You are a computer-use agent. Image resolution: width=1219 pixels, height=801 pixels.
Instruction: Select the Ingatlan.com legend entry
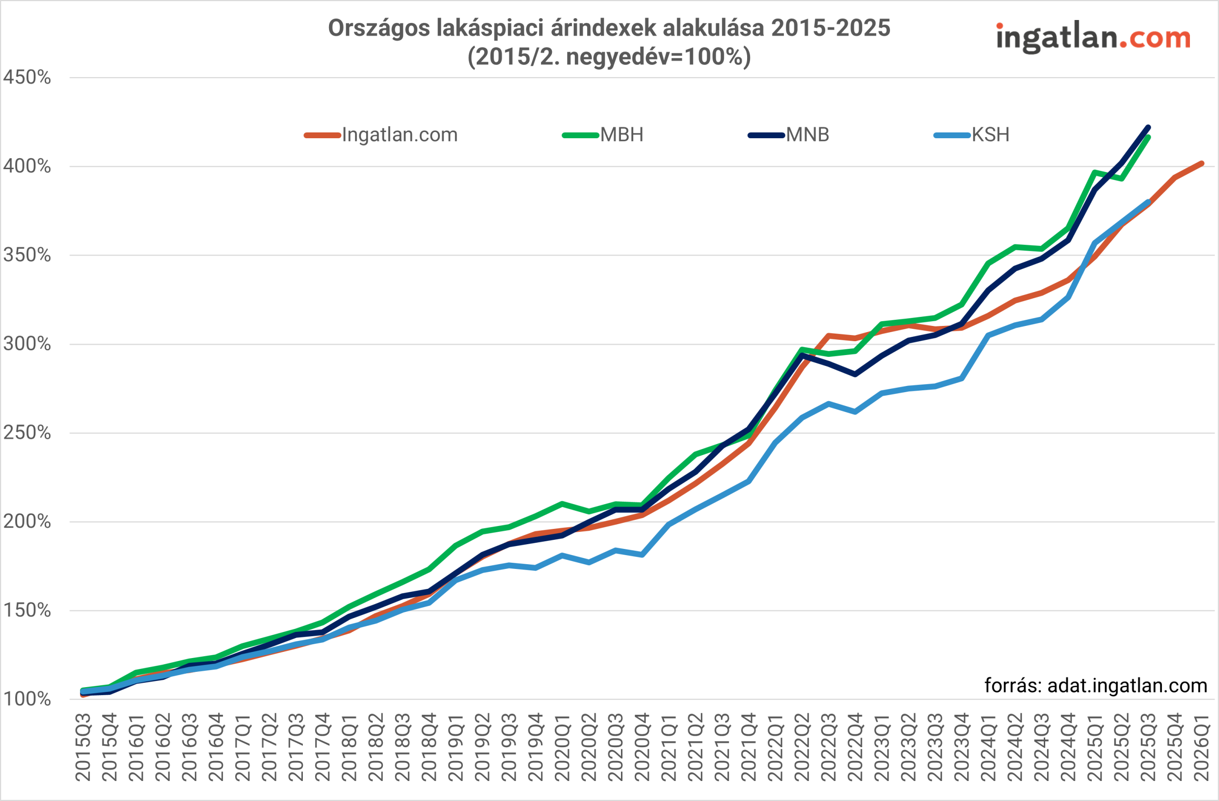[381, 135]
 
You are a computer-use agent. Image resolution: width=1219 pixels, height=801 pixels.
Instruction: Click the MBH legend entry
[603, 135]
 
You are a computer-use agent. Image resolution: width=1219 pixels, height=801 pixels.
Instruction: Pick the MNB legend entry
[789, 135]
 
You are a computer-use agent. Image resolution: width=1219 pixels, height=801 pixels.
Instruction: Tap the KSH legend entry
[971, 135]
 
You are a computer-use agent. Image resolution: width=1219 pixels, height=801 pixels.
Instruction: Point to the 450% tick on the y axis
[27, 78]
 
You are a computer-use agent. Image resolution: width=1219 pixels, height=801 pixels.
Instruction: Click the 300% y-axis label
[27, 344]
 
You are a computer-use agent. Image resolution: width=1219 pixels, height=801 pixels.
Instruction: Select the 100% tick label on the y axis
[27, 699]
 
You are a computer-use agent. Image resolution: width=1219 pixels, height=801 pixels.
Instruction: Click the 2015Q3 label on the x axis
[83, 747]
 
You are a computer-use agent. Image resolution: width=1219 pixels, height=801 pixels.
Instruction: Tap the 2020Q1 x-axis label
[562, 747]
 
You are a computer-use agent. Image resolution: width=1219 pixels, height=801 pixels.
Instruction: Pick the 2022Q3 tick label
[829, 747]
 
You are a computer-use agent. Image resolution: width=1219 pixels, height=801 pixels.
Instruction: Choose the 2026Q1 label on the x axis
[1201, 747]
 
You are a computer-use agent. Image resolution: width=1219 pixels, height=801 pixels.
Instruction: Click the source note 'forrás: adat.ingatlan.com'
[1096, 686]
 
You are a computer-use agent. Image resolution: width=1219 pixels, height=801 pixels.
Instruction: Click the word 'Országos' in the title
[379, 28]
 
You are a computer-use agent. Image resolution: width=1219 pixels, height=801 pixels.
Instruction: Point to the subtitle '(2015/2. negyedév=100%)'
[609, 56]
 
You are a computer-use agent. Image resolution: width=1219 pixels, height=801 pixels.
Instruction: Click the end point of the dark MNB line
[1149, 127]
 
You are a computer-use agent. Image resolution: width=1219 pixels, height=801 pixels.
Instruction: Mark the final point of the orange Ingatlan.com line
[1201, 163]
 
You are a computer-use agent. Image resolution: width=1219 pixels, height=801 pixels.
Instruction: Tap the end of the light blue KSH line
[1149, 202]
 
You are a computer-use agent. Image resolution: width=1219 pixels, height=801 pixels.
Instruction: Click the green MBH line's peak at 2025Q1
[1095, 172]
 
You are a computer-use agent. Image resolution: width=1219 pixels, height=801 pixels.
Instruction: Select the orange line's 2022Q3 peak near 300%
[829, 335]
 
